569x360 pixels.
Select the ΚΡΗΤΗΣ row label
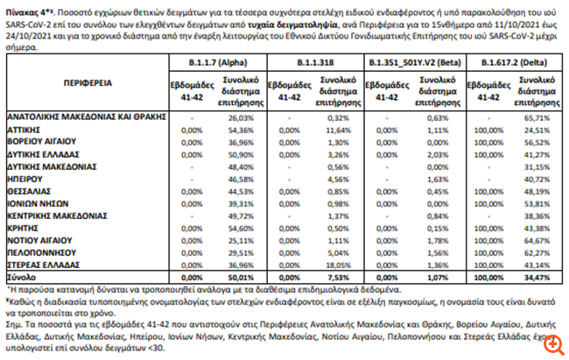pyautogui.click(x=25, y=227)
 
